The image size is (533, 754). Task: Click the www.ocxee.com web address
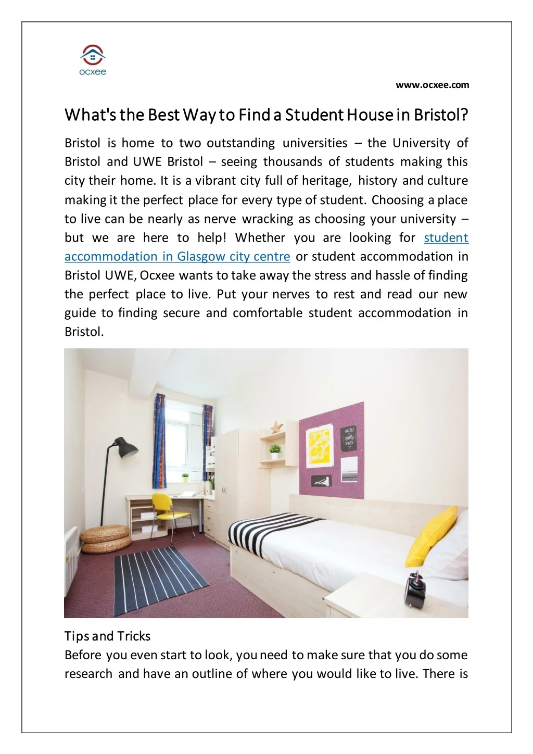click(x=432, y=85)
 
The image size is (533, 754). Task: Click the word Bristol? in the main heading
click(x=441, y=115)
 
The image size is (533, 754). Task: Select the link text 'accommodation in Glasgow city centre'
click(x=177, y=257)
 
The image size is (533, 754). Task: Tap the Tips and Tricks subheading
click(x=107, y=636)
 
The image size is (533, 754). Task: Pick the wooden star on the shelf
click(x=276, y=428)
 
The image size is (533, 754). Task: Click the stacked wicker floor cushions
click(x=106, y=539)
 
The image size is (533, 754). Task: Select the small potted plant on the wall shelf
click(x=275, y=449)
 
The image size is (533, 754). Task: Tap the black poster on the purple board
click(x=348, y=439)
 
